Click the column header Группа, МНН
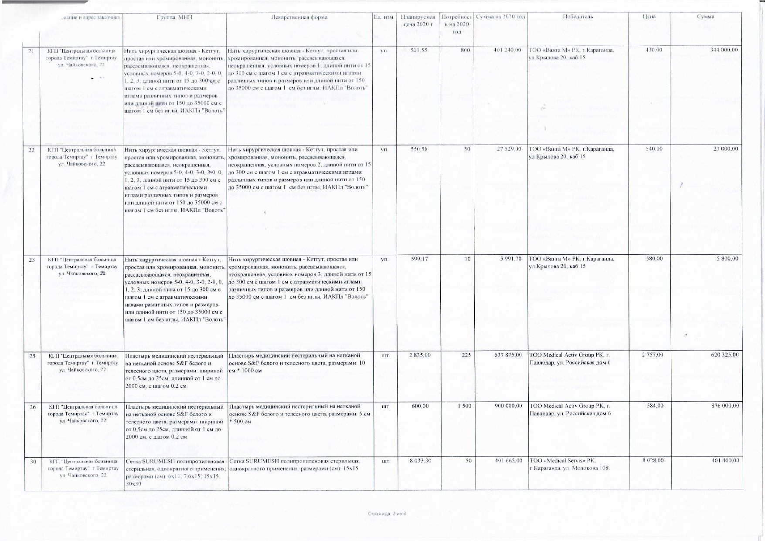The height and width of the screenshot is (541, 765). [x=174, y=17]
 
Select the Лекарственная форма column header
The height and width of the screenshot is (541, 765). [x=299, y=17]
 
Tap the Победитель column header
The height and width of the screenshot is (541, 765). [x=578, y=17]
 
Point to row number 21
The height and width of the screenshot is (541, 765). [x=31, y=51]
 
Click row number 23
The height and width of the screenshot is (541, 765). [x=31, y=260]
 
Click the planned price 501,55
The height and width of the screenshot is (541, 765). [x=419, y=51]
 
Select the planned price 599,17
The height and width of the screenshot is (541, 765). [x=419, y=259]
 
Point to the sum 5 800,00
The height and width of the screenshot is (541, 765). [x=726, y=259]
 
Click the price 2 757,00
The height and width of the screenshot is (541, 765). [x=653, y=355]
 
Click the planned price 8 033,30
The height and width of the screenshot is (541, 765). [x=418, y=460]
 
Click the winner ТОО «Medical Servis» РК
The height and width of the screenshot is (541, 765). [x=562, y=460]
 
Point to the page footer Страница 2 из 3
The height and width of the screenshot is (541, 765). [x=387, y=514]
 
